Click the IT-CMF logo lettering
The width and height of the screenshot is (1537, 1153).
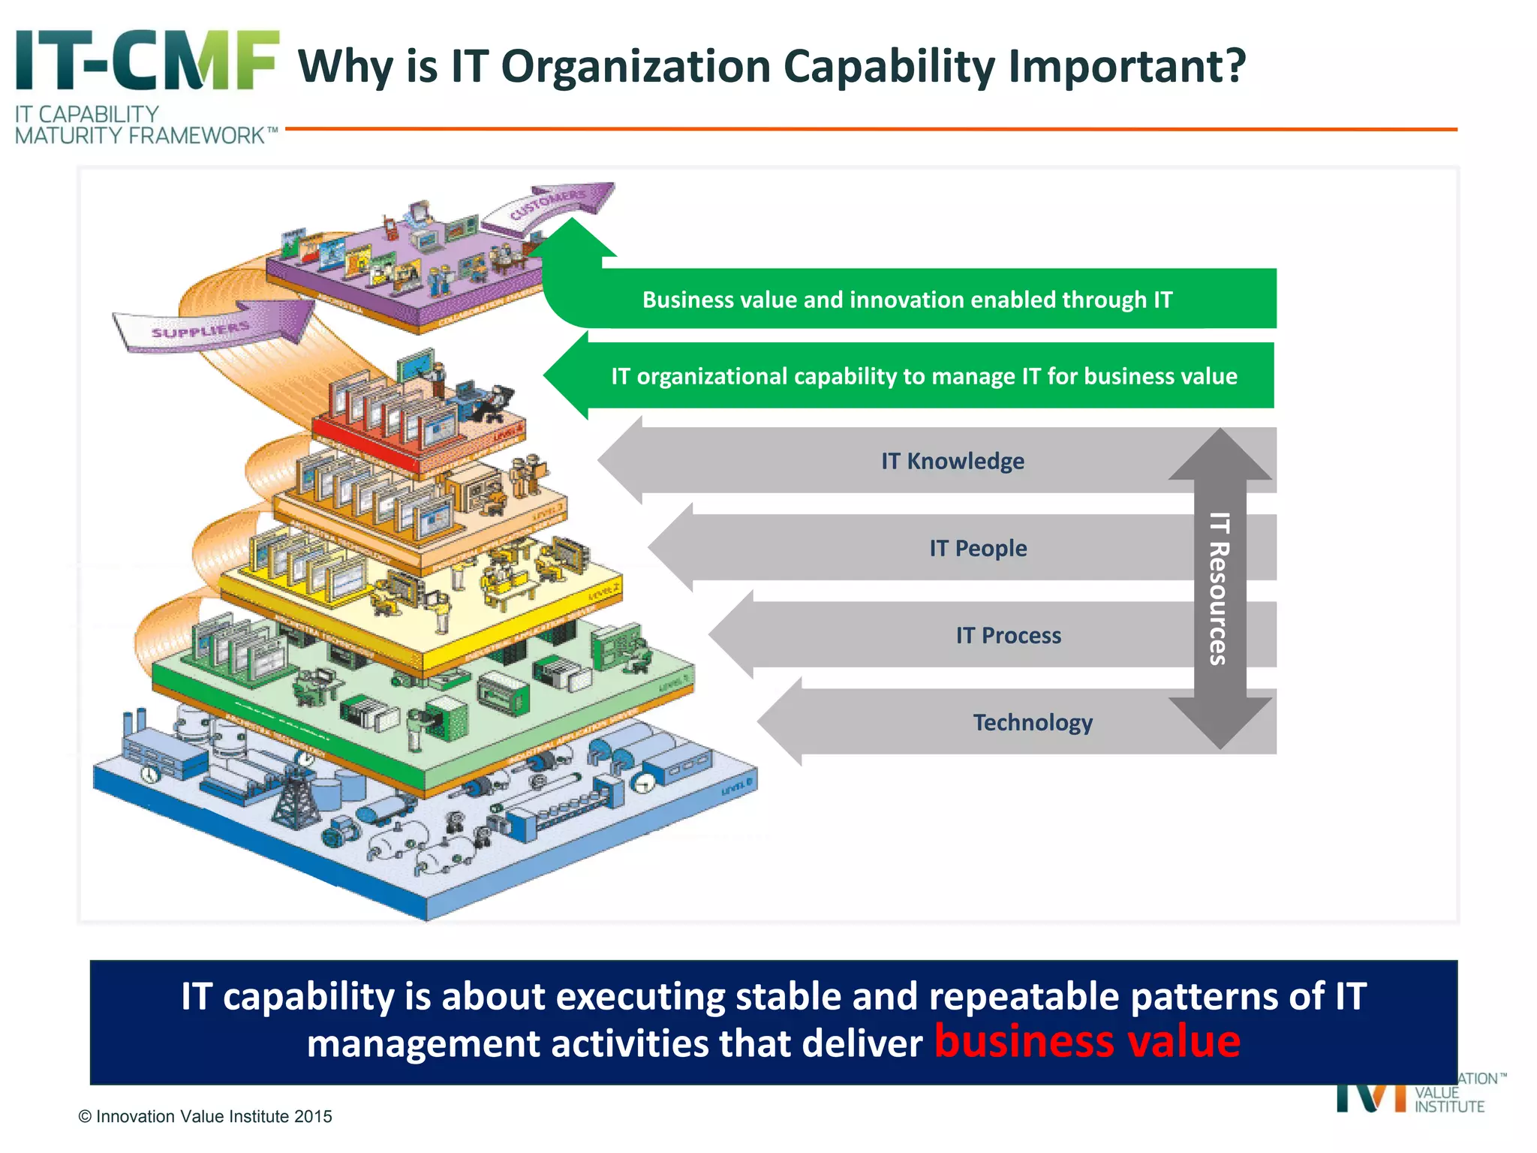(x=147, y=62)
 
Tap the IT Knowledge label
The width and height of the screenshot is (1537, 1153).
(x=952, y=461)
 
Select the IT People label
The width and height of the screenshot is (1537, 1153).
(x=978, y=549)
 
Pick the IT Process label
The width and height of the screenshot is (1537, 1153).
(x=1008, y=636)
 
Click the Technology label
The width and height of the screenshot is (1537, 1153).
(x=1033, y=723)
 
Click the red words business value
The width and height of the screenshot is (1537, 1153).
(x=1087, y=1042)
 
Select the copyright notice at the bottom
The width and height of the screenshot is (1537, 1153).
(x=205, y=1116)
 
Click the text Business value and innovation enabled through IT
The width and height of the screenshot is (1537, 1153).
(x=907, y=300)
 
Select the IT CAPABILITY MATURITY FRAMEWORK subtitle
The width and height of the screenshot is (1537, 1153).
(x=143, y=125)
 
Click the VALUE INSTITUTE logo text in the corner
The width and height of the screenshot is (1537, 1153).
(x=1448, y=1100)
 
